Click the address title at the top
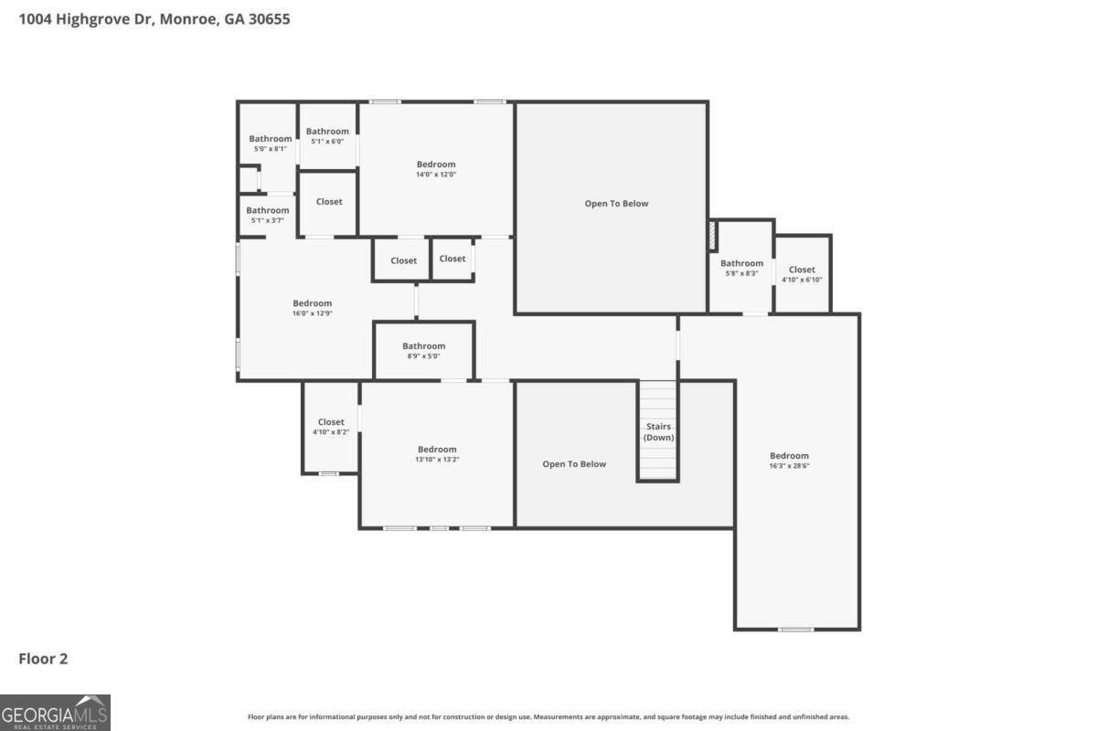pos(154,19)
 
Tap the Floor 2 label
pos(43,659)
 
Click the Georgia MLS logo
pos(55,713)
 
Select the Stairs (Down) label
pos(658,432)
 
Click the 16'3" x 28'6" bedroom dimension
pos(789,466)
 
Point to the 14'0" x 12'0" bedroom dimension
pos(436,175)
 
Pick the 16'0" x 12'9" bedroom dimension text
pos(313,313)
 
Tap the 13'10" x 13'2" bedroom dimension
pos(437,460)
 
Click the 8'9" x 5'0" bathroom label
pos(423,351)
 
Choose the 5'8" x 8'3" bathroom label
pos(741,269)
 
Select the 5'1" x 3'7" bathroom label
pos(267,216)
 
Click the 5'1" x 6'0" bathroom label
pos(327,136)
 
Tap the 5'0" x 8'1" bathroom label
pos(271,144)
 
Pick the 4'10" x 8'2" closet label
pos(331,427)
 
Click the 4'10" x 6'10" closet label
pos(802,275)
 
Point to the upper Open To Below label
pos(616,204)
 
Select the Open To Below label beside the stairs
pos(574,464)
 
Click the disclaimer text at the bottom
pos(548,716)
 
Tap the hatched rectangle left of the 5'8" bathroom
pos(713,236)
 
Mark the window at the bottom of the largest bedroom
pos(796,630)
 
